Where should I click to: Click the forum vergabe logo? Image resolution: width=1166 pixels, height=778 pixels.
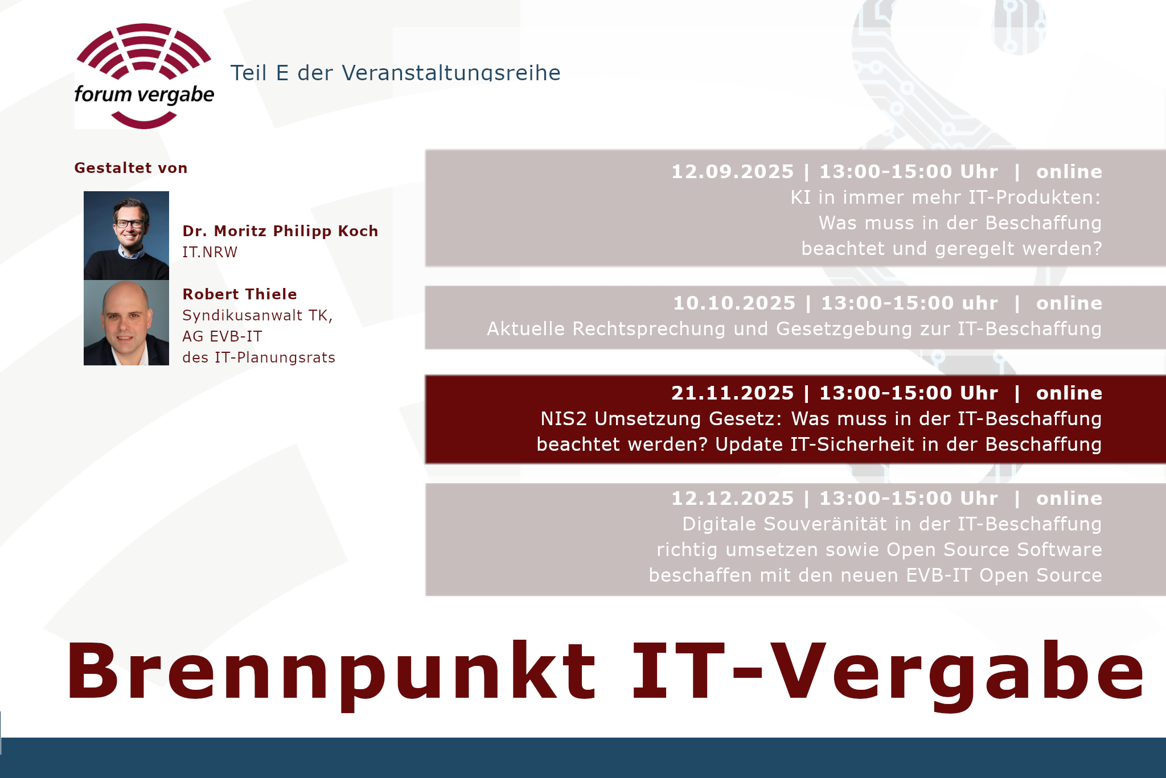[144, 76]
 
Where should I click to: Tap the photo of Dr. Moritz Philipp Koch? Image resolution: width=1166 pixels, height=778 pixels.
[126, 236]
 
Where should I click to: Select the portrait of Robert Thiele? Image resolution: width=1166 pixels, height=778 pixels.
[126, 323]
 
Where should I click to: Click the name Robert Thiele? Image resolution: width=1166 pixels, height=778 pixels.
[240, 294]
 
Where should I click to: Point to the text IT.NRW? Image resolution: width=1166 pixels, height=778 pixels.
[210, 252]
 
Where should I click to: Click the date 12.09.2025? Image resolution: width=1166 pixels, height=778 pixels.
[732, 171]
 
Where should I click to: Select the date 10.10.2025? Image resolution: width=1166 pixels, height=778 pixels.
[734, 303]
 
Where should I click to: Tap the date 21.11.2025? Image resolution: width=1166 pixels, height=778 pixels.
[732, 393]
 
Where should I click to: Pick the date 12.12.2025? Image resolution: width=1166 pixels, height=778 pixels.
[732, 498]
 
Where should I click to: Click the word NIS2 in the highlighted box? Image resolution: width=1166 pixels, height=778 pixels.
[564, 419]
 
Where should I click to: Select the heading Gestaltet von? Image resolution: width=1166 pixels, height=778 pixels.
[131, 168]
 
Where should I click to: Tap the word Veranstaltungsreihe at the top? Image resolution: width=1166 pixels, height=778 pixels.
[451, 73]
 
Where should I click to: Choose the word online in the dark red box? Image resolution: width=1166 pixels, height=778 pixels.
[1069, 393]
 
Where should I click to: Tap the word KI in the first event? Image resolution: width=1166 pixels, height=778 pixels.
[800, 197]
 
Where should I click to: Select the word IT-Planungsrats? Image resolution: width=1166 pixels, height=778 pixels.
[275, 358]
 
